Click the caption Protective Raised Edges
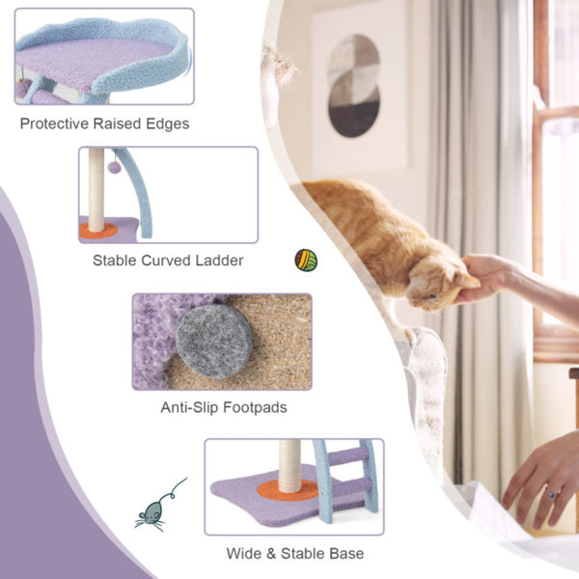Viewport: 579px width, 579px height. (104, 124)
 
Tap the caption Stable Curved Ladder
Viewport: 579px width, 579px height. (168, 260)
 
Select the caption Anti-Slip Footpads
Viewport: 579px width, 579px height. (223, 407)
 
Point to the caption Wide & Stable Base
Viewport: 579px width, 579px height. (294, 554)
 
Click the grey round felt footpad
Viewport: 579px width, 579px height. (215, 339)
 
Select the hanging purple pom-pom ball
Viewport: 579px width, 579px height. (114, 167)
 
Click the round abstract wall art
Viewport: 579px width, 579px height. (353, 85)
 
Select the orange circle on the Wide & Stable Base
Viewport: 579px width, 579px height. (287, 491)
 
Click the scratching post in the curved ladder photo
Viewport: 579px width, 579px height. (96, 188)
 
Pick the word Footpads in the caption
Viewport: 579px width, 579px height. (256, 407)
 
